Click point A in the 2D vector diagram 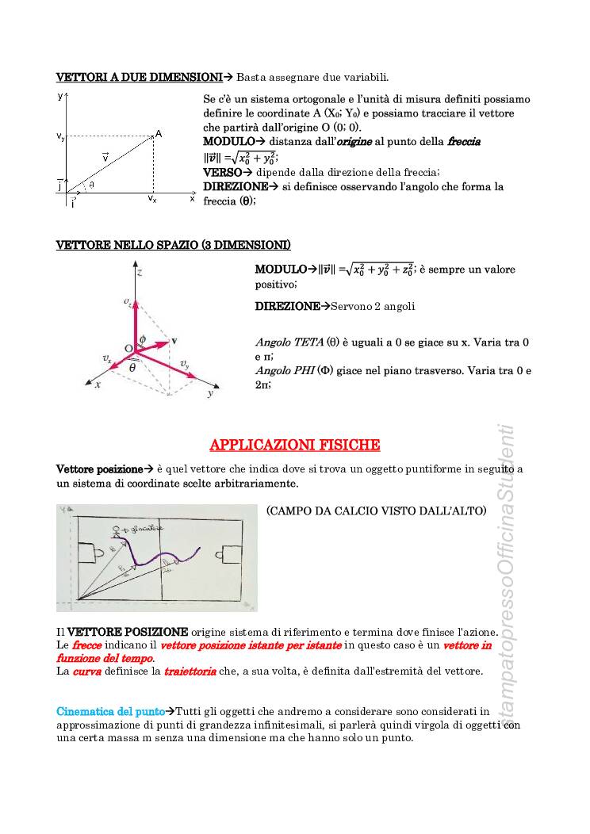pos(159,134)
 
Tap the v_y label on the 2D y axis pos(60,137)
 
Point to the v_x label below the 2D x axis pos(151,200)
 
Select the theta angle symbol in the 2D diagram pos(91,184)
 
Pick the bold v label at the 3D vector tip pos(174,340)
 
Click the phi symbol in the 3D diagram pos(143,339)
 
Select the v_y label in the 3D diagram pos(184,365)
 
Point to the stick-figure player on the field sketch pos(118,530)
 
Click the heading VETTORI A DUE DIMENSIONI pos(139,77)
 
